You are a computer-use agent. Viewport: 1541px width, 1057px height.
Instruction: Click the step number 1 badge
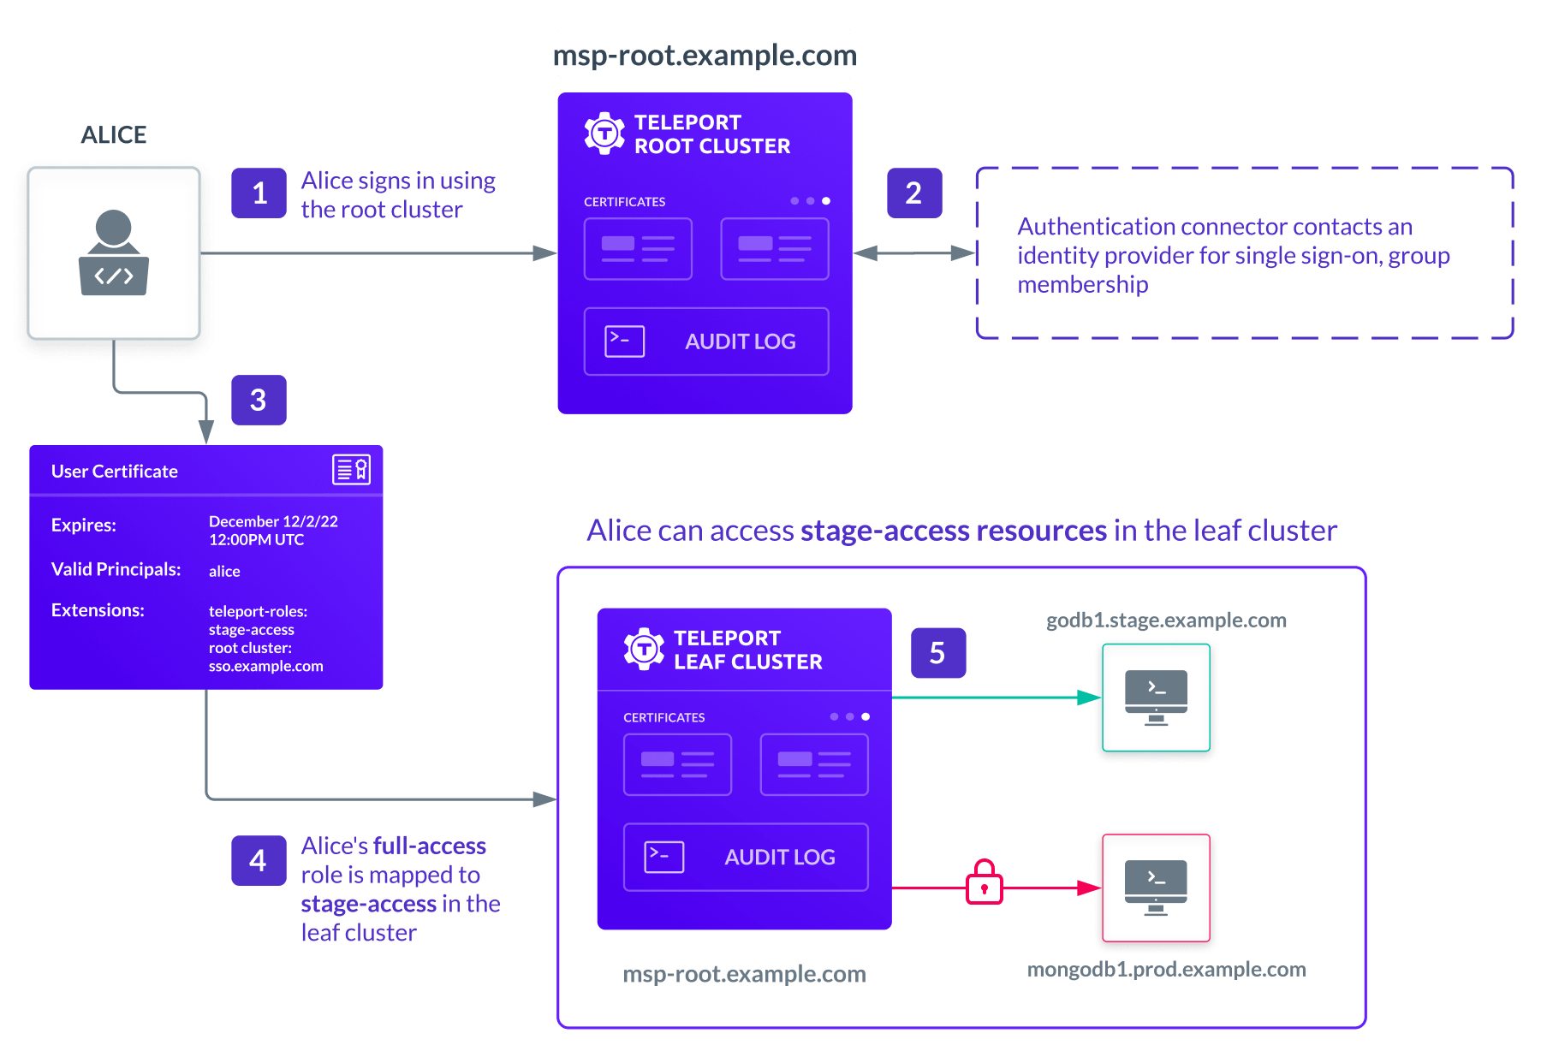point(259,193)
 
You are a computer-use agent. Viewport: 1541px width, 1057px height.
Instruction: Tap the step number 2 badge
point(913,193)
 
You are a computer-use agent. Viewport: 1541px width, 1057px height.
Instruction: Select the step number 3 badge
point(259,400)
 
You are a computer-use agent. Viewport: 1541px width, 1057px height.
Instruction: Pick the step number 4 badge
point(259,860)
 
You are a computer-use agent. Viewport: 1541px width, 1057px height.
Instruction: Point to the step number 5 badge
point(937,653)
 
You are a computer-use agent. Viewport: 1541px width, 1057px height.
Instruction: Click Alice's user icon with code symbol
point(114,253)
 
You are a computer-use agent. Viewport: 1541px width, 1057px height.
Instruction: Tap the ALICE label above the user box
point(114,135)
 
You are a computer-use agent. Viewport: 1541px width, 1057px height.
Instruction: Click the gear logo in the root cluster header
point(604,134)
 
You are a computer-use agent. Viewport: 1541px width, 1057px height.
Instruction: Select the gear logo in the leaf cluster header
point(644,649)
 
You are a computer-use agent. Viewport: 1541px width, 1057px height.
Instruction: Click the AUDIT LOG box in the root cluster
point(706,341)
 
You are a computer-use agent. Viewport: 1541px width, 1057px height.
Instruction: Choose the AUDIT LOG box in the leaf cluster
point(746,857)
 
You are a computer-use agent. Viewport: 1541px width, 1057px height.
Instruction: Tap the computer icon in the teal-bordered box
point(1156,698)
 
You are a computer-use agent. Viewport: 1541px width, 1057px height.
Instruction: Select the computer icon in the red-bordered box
point(1156,888)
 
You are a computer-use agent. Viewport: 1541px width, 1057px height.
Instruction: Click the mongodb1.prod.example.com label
point(1166,969)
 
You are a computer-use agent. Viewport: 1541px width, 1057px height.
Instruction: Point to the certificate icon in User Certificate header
point(351,469)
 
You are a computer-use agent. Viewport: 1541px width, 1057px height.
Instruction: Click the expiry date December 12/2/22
point(273,521)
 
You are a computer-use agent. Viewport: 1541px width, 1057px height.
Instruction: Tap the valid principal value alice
point(224,571)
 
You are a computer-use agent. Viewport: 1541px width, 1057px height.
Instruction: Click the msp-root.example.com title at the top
point(705,55)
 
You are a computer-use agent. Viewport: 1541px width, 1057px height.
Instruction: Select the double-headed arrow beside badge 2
point(914,252)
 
